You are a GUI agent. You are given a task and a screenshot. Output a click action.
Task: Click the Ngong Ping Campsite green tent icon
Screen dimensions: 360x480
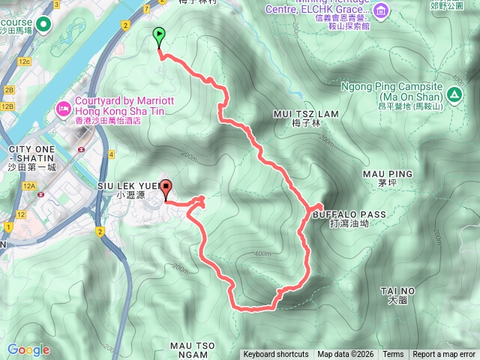(x=454, y=95)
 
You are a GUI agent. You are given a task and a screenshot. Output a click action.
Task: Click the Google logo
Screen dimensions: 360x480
(x=28, y=349)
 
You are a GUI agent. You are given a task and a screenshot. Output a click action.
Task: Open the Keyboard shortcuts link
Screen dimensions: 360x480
(x=276, y=355)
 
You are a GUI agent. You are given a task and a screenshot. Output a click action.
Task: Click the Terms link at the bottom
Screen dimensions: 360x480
(x=393, y=355)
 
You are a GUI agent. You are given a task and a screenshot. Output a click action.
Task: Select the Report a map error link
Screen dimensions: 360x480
(x=444, y=355)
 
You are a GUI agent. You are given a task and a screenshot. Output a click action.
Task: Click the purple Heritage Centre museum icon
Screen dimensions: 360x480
(x=381, y=10)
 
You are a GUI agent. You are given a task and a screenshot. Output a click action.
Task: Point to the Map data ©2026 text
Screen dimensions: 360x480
(x=345, y=355)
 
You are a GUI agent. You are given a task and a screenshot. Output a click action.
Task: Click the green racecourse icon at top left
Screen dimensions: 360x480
(x=43, y=25)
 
